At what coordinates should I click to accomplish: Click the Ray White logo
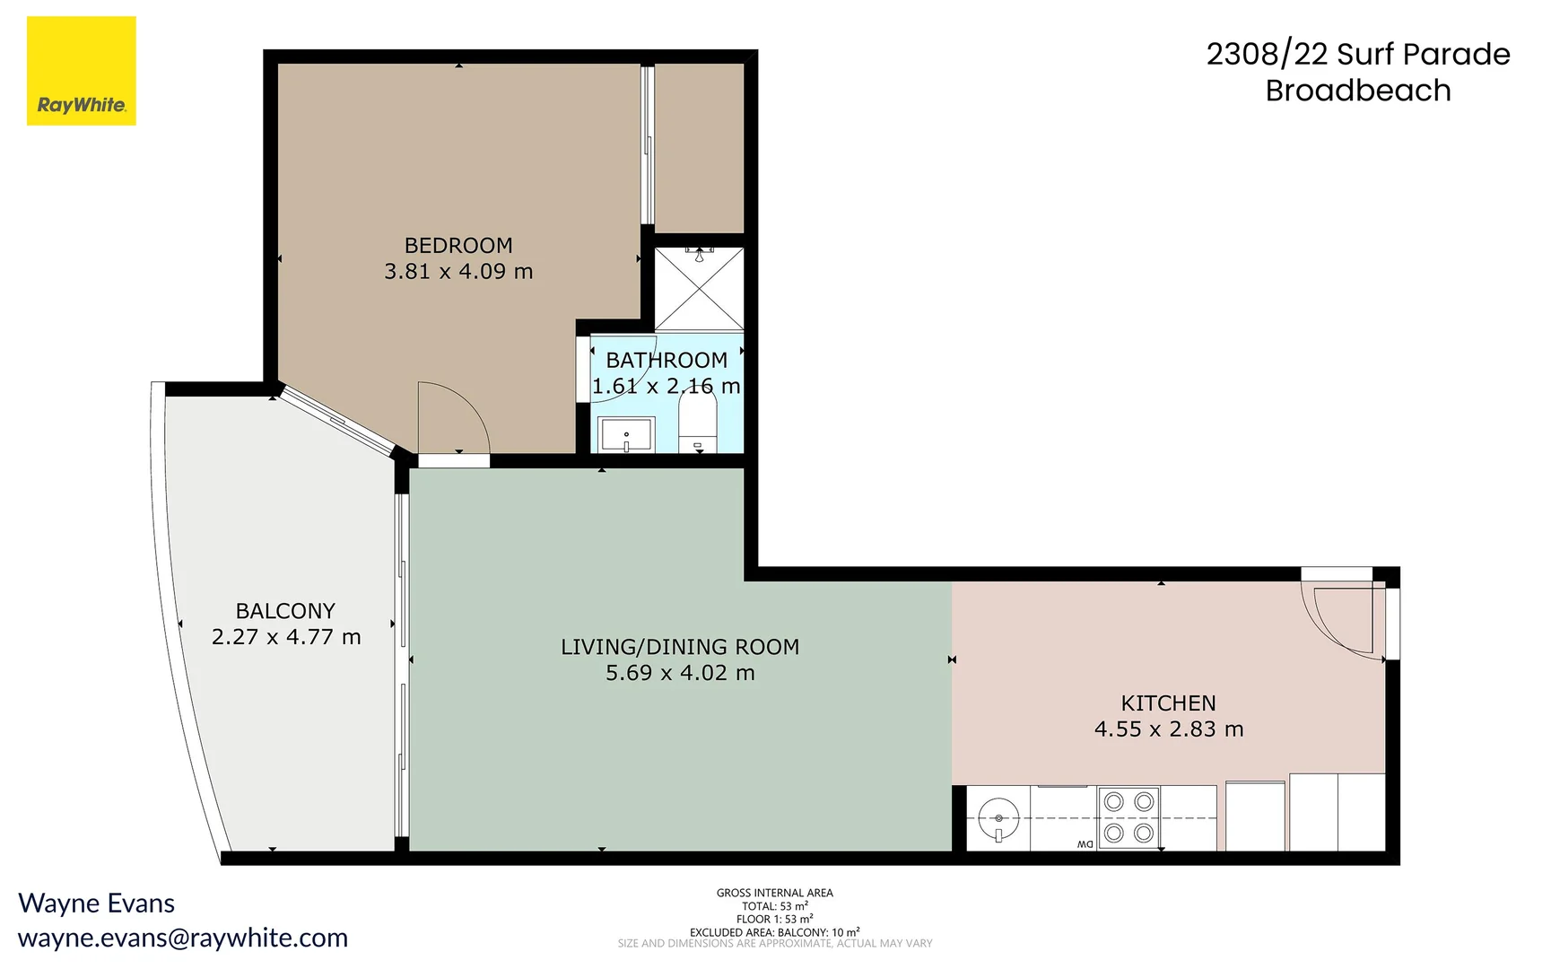81,71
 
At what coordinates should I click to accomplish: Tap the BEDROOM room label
457,245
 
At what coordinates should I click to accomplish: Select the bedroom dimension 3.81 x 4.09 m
457,271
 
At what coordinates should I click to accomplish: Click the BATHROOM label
666,360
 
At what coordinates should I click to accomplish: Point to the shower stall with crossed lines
699,289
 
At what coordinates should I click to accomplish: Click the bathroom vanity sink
626,437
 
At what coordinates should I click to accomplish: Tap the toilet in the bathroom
697,424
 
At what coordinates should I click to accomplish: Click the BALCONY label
284,611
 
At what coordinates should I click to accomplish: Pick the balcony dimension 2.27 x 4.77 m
285,637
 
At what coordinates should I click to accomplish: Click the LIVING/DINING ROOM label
679,647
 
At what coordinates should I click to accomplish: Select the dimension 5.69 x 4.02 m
679,673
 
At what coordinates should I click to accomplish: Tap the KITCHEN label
1168,703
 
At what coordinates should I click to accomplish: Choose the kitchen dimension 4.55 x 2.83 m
1168,729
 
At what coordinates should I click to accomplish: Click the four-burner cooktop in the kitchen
1128,817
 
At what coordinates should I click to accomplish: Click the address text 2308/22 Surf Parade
1357,54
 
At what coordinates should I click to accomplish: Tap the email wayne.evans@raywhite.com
183,938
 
